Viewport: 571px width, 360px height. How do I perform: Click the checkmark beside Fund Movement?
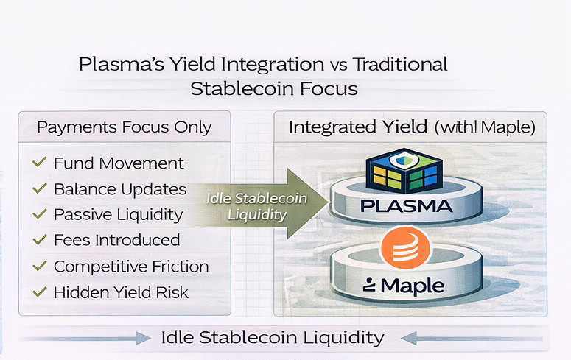[x=40, y=163]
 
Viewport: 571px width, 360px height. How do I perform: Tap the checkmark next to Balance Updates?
[x=40, y=188]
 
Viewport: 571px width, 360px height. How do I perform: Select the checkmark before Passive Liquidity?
[x=40, y=214]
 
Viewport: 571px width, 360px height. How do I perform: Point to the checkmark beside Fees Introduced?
[x=40, y=240]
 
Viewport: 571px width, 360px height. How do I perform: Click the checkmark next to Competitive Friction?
[x=40, y=266]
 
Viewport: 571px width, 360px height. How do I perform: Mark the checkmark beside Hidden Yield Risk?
[x=40, y=292]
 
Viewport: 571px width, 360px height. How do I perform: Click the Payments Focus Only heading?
[x=124, y=127]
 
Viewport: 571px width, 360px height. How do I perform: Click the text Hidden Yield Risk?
[x=121, y=292]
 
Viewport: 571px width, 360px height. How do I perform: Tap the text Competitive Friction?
[x=131, y=266]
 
